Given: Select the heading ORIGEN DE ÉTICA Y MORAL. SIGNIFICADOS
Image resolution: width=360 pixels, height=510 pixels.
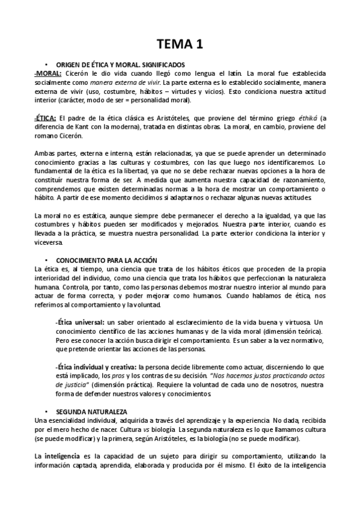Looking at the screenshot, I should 120,64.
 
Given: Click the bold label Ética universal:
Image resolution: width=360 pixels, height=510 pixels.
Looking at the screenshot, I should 79,322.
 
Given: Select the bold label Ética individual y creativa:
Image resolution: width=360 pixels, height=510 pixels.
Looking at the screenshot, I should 96,366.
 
